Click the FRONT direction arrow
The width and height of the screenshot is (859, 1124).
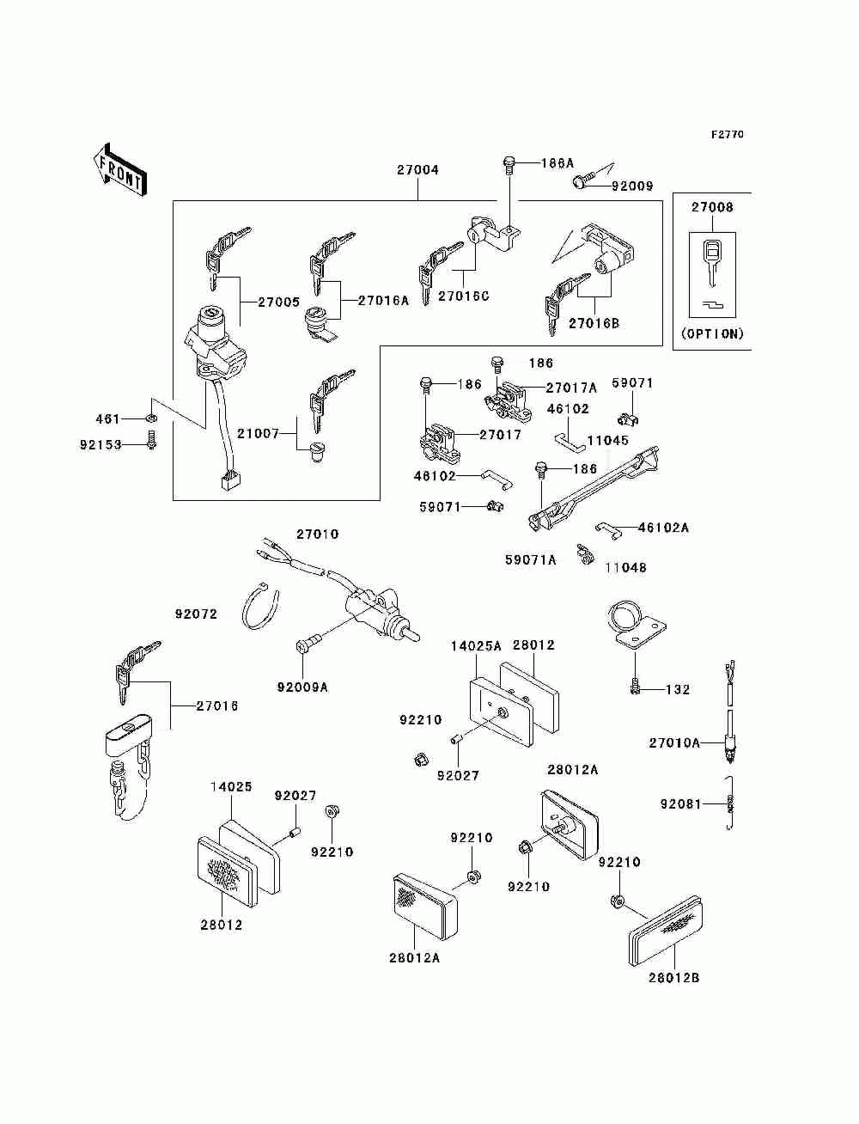[120, 169]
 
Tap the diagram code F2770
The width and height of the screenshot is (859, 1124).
[727, 134]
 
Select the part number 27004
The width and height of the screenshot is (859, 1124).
[417, 170]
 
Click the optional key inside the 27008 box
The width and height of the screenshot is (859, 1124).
[711, 262]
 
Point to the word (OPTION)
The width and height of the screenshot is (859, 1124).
[712, 334]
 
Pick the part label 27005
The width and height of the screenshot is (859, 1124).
[278, 302]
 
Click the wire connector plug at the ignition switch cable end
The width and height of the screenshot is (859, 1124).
[228, 480]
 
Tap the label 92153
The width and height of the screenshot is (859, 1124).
[101, 444]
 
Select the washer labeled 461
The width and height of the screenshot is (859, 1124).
[151, 418]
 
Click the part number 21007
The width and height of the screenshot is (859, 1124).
[258, 434]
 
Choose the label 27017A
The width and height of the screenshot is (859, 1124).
[570, 388]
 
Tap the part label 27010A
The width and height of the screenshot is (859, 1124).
[674, 742]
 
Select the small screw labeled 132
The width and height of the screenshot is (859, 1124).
[636, 687]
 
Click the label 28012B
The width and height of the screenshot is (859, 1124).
[673, 978]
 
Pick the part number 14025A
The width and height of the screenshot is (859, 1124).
[476, 646]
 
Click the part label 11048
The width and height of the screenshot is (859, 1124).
[625, 567]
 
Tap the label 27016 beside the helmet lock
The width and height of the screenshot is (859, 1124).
[217, 706]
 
